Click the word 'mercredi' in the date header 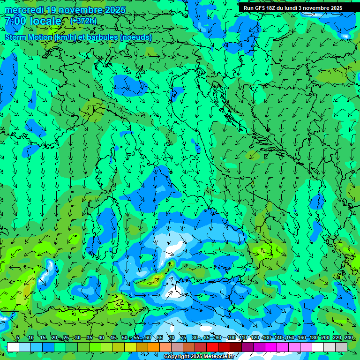click(x=22, y=10)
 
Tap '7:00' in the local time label click(x=15, y=21)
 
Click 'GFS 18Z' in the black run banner click(x=266, y=8)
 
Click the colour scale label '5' click(x=18, y=338)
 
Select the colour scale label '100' click(x=231, y=338)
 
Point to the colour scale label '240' click(x=348, y=338)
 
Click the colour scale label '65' click(x=160, y=338)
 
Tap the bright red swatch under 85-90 click(x=212, y=347)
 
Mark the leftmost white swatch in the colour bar click(x=13, y=347)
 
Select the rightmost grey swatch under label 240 click(x=341, y=347)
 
